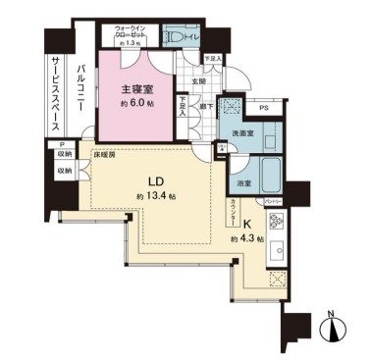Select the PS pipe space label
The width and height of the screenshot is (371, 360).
point(264,109)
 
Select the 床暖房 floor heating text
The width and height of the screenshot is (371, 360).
point(105,155)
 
